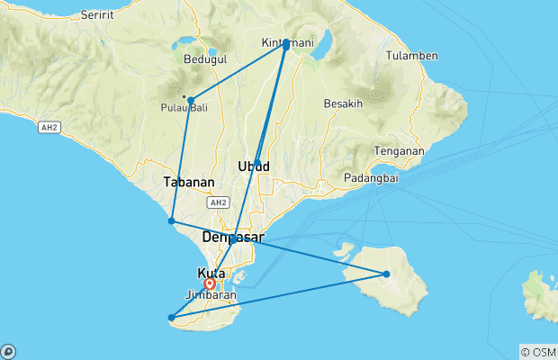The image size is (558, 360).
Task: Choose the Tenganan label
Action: [400, 150]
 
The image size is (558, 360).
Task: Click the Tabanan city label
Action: [190, 182]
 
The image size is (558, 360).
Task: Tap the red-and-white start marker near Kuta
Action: [209, 284]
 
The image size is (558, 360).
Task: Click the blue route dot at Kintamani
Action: [286, 43]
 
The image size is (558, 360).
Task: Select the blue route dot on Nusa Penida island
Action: [386, 274]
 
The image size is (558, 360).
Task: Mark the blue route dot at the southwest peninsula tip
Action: [171, 317]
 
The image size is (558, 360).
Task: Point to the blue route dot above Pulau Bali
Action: [191, 100]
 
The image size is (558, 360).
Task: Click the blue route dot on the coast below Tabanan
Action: [171, 220]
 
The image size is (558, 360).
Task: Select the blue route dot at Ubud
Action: [257, 163]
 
